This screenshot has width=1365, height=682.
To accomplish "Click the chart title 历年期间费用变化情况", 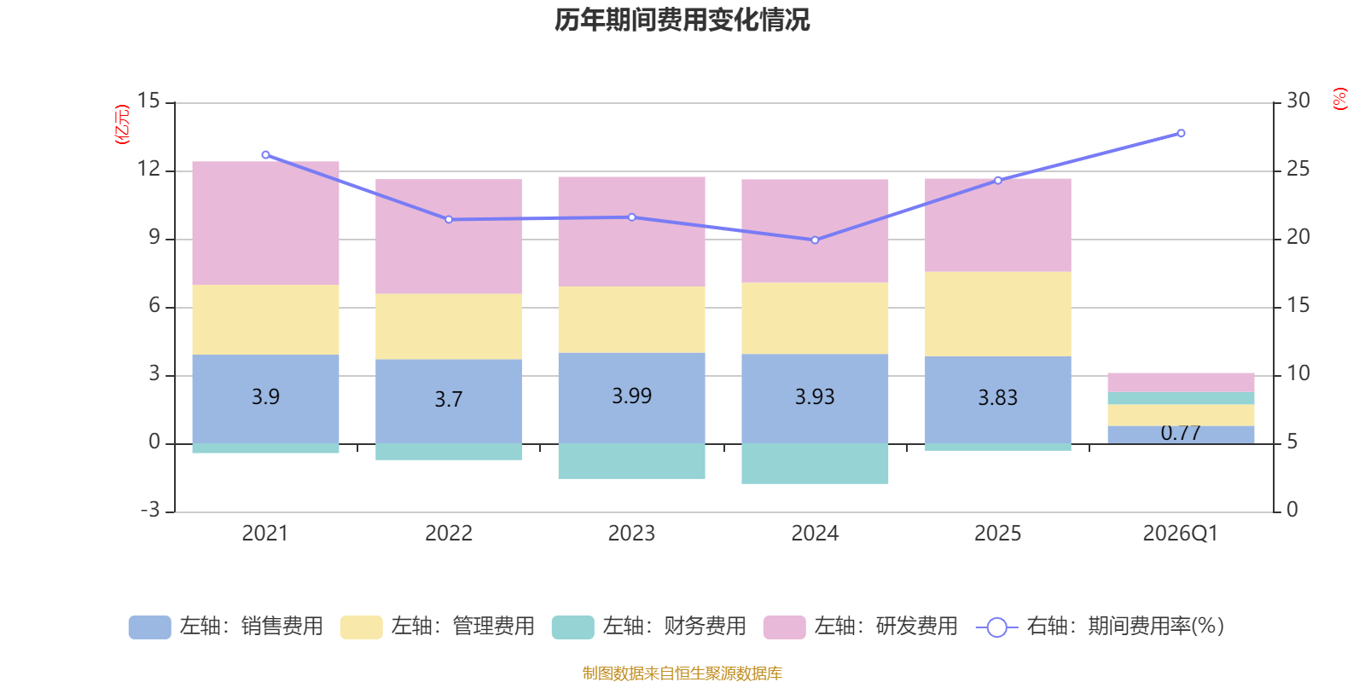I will click(682, 20).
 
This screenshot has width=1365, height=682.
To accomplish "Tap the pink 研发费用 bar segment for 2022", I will click(449, 236).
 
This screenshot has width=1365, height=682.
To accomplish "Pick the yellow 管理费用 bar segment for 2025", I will click(998, 314).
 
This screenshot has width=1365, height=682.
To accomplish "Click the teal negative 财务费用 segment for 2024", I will click(815, 464).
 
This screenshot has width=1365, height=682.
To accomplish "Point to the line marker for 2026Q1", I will click(1181, 133).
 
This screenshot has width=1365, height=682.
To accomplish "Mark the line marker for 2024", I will click(815, 240).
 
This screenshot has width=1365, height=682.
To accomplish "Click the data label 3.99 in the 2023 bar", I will click(631, 396).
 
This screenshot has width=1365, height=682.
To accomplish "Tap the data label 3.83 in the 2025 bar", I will click(997, 398).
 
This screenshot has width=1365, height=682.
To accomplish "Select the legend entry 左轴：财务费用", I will click(649, 627).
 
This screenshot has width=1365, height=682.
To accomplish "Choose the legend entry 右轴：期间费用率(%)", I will click(1100, 627).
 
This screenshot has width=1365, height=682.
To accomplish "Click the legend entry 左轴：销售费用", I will click(226, 627).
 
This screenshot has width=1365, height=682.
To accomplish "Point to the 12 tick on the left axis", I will click(149, 169).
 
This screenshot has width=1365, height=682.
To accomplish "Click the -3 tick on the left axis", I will click(151, 510).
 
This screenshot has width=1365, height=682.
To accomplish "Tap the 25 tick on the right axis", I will click(1298, 169).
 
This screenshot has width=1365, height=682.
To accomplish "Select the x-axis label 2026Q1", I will click(1180, 534).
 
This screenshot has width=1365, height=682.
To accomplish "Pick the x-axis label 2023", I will click(631, 534).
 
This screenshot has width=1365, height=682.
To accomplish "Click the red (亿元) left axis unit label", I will click(122, 124).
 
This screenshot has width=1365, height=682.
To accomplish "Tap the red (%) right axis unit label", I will click(1339, 99).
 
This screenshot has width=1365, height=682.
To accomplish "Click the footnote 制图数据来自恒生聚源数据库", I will click(682, 673).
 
